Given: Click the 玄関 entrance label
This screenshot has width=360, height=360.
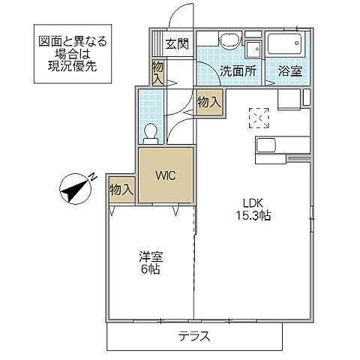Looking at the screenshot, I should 177,43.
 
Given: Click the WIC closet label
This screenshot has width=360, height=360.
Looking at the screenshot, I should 165,176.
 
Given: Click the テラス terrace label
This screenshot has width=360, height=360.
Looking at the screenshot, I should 193,336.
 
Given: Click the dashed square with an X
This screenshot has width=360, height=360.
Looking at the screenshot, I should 259,116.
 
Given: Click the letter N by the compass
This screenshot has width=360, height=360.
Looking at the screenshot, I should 92,177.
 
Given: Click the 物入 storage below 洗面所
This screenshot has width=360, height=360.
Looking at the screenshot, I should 208,101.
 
